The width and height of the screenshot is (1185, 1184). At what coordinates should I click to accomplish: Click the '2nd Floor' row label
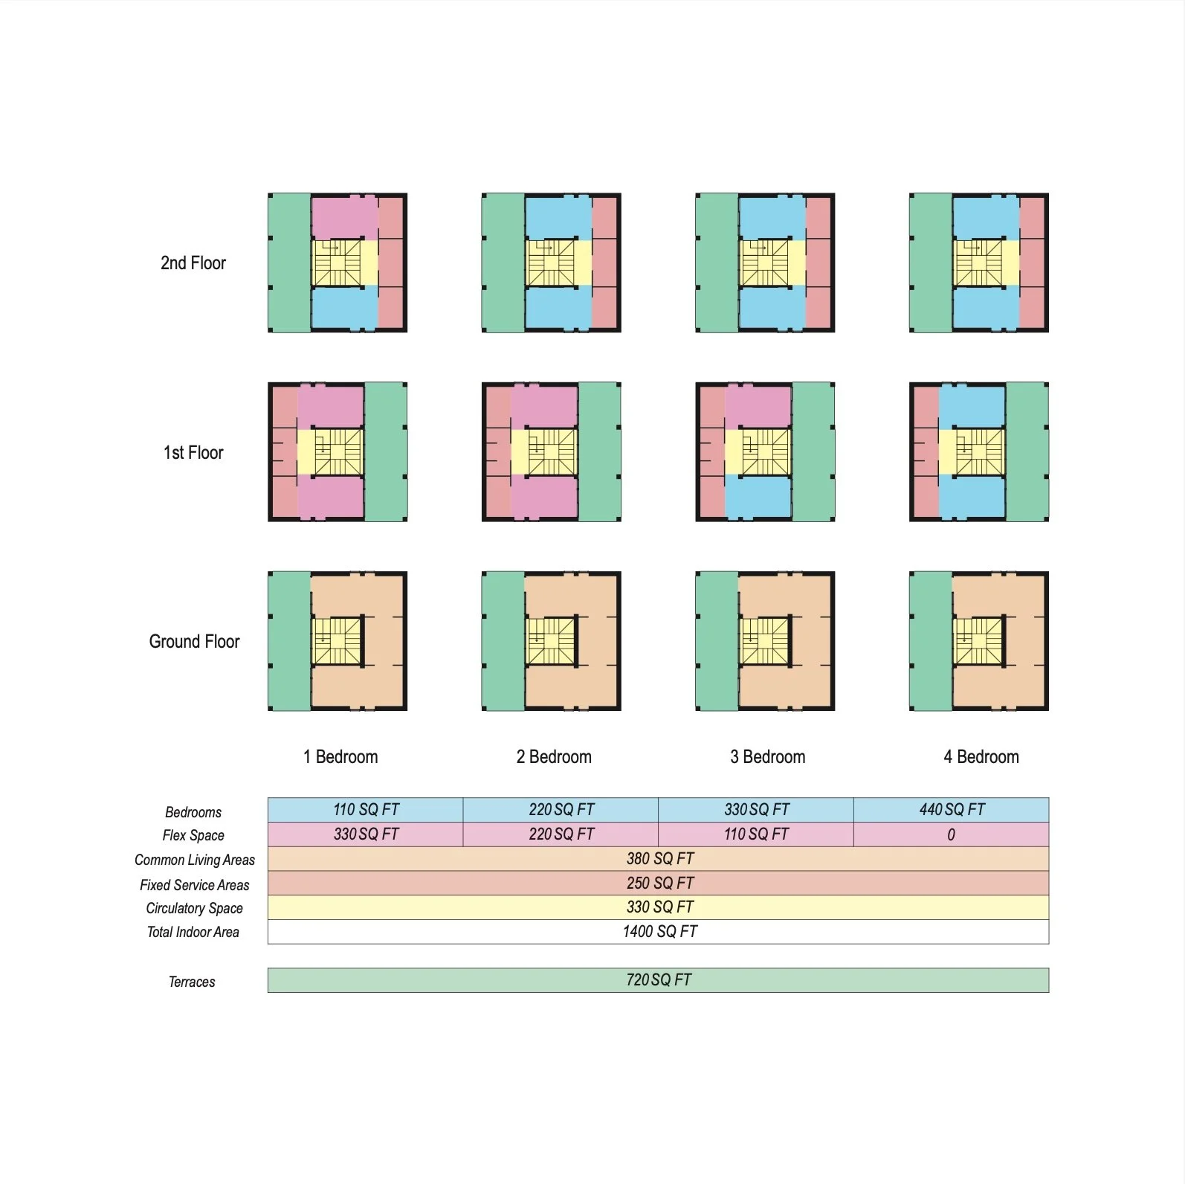click(193, 263)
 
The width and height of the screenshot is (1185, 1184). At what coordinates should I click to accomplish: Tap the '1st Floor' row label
click(193, 452)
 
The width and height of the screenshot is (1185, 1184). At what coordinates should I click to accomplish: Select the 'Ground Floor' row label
click(194, 641)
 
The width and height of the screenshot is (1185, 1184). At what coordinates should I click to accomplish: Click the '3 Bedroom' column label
click(767, 756)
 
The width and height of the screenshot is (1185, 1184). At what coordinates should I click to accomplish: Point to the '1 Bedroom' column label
click(340, 756)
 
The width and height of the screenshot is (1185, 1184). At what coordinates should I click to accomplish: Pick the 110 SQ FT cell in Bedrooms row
click(366, 809)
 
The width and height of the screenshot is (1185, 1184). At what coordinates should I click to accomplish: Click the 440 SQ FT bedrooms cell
click(952, 809)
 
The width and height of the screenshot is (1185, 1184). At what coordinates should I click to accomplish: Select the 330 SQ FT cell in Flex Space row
click(366, 834)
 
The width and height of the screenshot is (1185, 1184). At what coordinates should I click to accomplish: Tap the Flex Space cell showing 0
click(951, 834)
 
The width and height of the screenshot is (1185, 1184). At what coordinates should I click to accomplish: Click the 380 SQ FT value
click(659, 858)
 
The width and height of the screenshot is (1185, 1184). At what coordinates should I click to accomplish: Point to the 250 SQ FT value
click(659, 883)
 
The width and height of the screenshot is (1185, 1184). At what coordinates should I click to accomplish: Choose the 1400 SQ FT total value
click(659, 931)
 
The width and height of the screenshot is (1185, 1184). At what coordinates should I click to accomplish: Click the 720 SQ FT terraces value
click(659, 979)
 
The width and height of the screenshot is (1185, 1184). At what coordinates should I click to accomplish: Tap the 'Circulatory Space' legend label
click(194, 908)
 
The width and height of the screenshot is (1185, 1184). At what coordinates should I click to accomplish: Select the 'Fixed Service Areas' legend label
click(194, 884)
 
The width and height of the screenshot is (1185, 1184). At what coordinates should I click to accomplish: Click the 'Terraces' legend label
click(192, 982)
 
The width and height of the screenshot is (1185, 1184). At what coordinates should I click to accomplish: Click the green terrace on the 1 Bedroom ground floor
click(289, 641)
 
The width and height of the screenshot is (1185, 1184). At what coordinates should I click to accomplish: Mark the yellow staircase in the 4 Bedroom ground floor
click(978, 641)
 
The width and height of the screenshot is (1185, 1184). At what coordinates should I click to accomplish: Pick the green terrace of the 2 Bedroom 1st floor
click(599, 452)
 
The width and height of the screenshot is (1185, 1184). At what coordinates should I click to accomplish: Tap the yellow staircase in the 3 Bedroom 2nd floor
click(766, 263)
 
